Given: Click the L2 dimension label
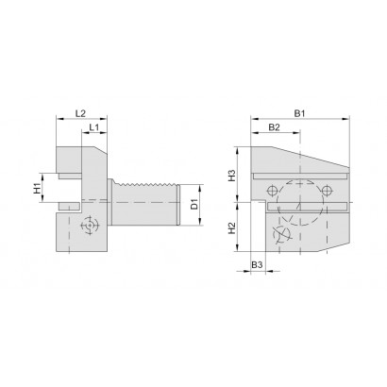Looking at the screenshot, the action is pyautogui.click(x=81, y=113).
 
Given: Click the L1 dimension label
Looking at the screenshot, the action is pyautogui.click(x=94, y=127).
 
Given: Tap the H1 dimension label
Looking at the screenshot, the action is pyautogui.click(x=38, y=188).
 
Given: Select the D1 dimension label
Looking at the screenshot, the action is pyautogui.click(x=194, y=204).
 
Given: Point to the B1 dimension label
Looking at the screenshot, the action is pyautogui.click(x=299, y=113).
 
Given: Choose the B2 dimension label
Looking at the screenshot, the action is pyautogui.click(x=274, y=127).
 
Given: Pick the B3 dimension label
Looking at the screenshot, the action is pyautogui.click(x=257, y=265).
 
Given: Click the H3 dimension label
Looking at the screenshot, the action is pyautogui.click(x=232, y=176).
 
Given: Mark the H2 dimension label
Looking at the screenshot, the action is pyautogui.click(x=232, y=228).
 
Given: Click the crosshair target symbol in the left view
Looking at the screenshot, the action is pyautogui.click(x=90, y=226).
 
